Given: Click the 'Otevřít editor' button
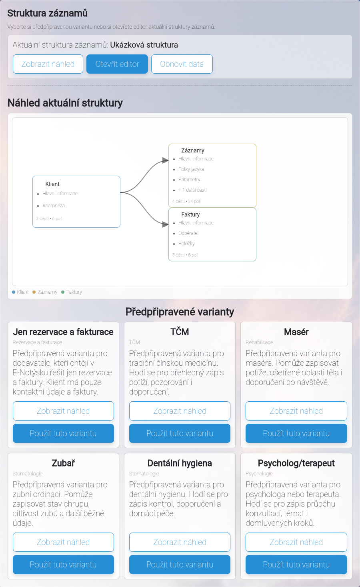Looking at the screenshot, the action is [117, 64].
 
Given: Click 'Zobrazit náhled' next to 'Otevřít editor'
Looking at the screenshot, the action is [48, 64].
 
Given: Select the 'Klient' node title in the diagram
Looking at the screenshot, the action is [52, 184].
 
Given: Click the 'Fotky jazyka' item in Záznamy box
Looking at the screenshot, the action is [191, 169].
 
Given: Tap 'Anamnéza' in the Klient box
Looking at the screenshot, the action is [54, 205].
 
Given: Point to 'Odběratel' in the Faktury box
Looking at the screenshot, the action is [188, 233].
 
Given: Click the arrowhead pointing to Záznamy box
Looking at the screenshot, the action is [165, 160].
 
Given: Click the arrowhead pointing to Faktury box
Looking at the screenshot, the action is [165, 224].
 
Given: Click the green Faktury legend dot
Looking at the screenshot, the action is [63, 292].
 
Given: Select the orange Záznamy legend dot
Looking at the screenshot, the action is [34, 292].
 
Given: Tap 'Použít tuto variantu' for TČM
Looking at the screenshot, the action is [180, 433].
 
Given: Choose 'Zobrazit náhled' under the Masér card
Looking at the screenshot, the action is [296, 411].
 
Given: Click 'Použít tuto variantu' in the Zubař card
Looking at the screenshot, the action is [64, 565].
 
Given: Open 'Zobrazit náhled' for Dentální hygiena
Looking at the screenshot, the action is [180, 542].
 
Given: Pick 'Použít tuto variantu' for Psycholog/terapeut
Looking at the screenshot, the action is [296, 565].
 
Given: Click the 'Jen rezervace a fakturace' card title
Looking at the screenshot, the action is [64, 332].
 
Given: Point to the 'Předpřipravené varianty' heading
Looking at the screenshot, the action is [180, 312].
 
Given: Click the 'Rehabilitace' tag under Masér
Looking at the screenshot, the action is [259, 342].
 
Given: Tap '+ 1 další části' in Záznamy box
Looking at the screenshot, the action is [192, 190].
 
